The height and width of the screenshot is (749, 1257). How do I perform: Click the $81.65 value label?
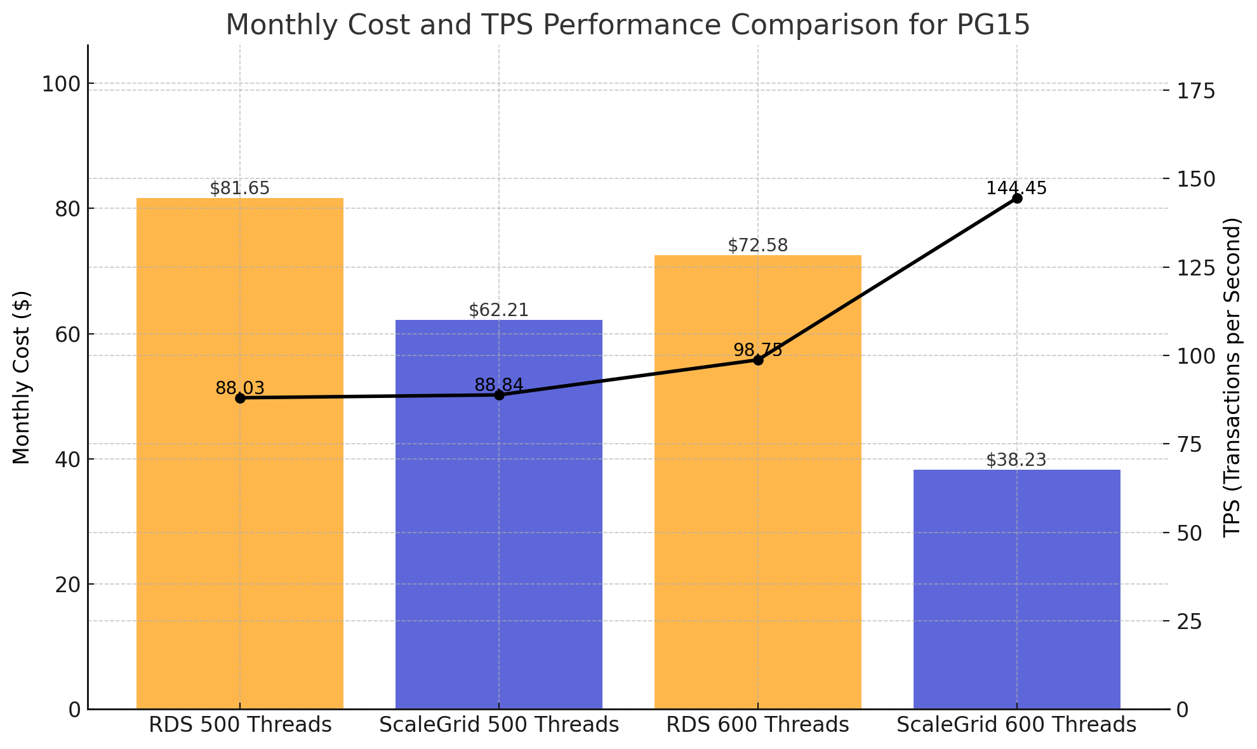pyautogui.click(x=240, y=189)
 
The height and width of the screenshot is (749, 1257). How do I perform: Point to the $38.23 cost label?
pyautogui.click(x=1016, y=460)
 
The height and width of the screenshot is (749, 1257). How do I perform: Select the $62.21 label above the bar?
pyautogui.click(x=499, y=310)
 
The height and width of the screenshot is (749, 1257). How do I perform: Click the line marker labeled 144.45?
pyautogui.click(x=1017, y=199)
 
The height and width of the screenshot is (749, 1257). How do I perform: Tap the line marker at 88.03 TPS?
pyautogui.click(x=240, y=398)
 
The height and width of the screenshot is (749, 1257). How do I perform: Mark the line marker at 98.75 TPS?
pyautogui.click(x=758, y=360)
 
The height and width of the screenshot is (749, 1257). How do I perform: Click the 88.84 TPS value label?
pyautogui.click(x=499, y=385)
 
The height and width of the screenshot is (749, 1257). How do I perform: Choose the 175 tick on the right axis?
pyautogui.click(x=1194, y=91)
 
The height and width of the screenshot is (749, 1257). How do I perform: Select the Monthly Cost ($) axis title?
pyautogui.click(x=22, y=377)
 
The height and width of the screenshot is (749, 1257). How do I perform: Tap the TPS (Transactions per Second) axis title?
pyautogui.click(x=1232, y=377)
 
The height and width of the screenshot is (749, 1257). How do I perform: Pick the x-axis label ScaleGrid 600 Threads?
pyautogui.click(x=1016, y=725)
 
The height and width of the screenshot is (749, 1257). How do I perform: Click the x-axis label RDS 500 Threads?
pyautogui.click(x=240, y=725)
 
